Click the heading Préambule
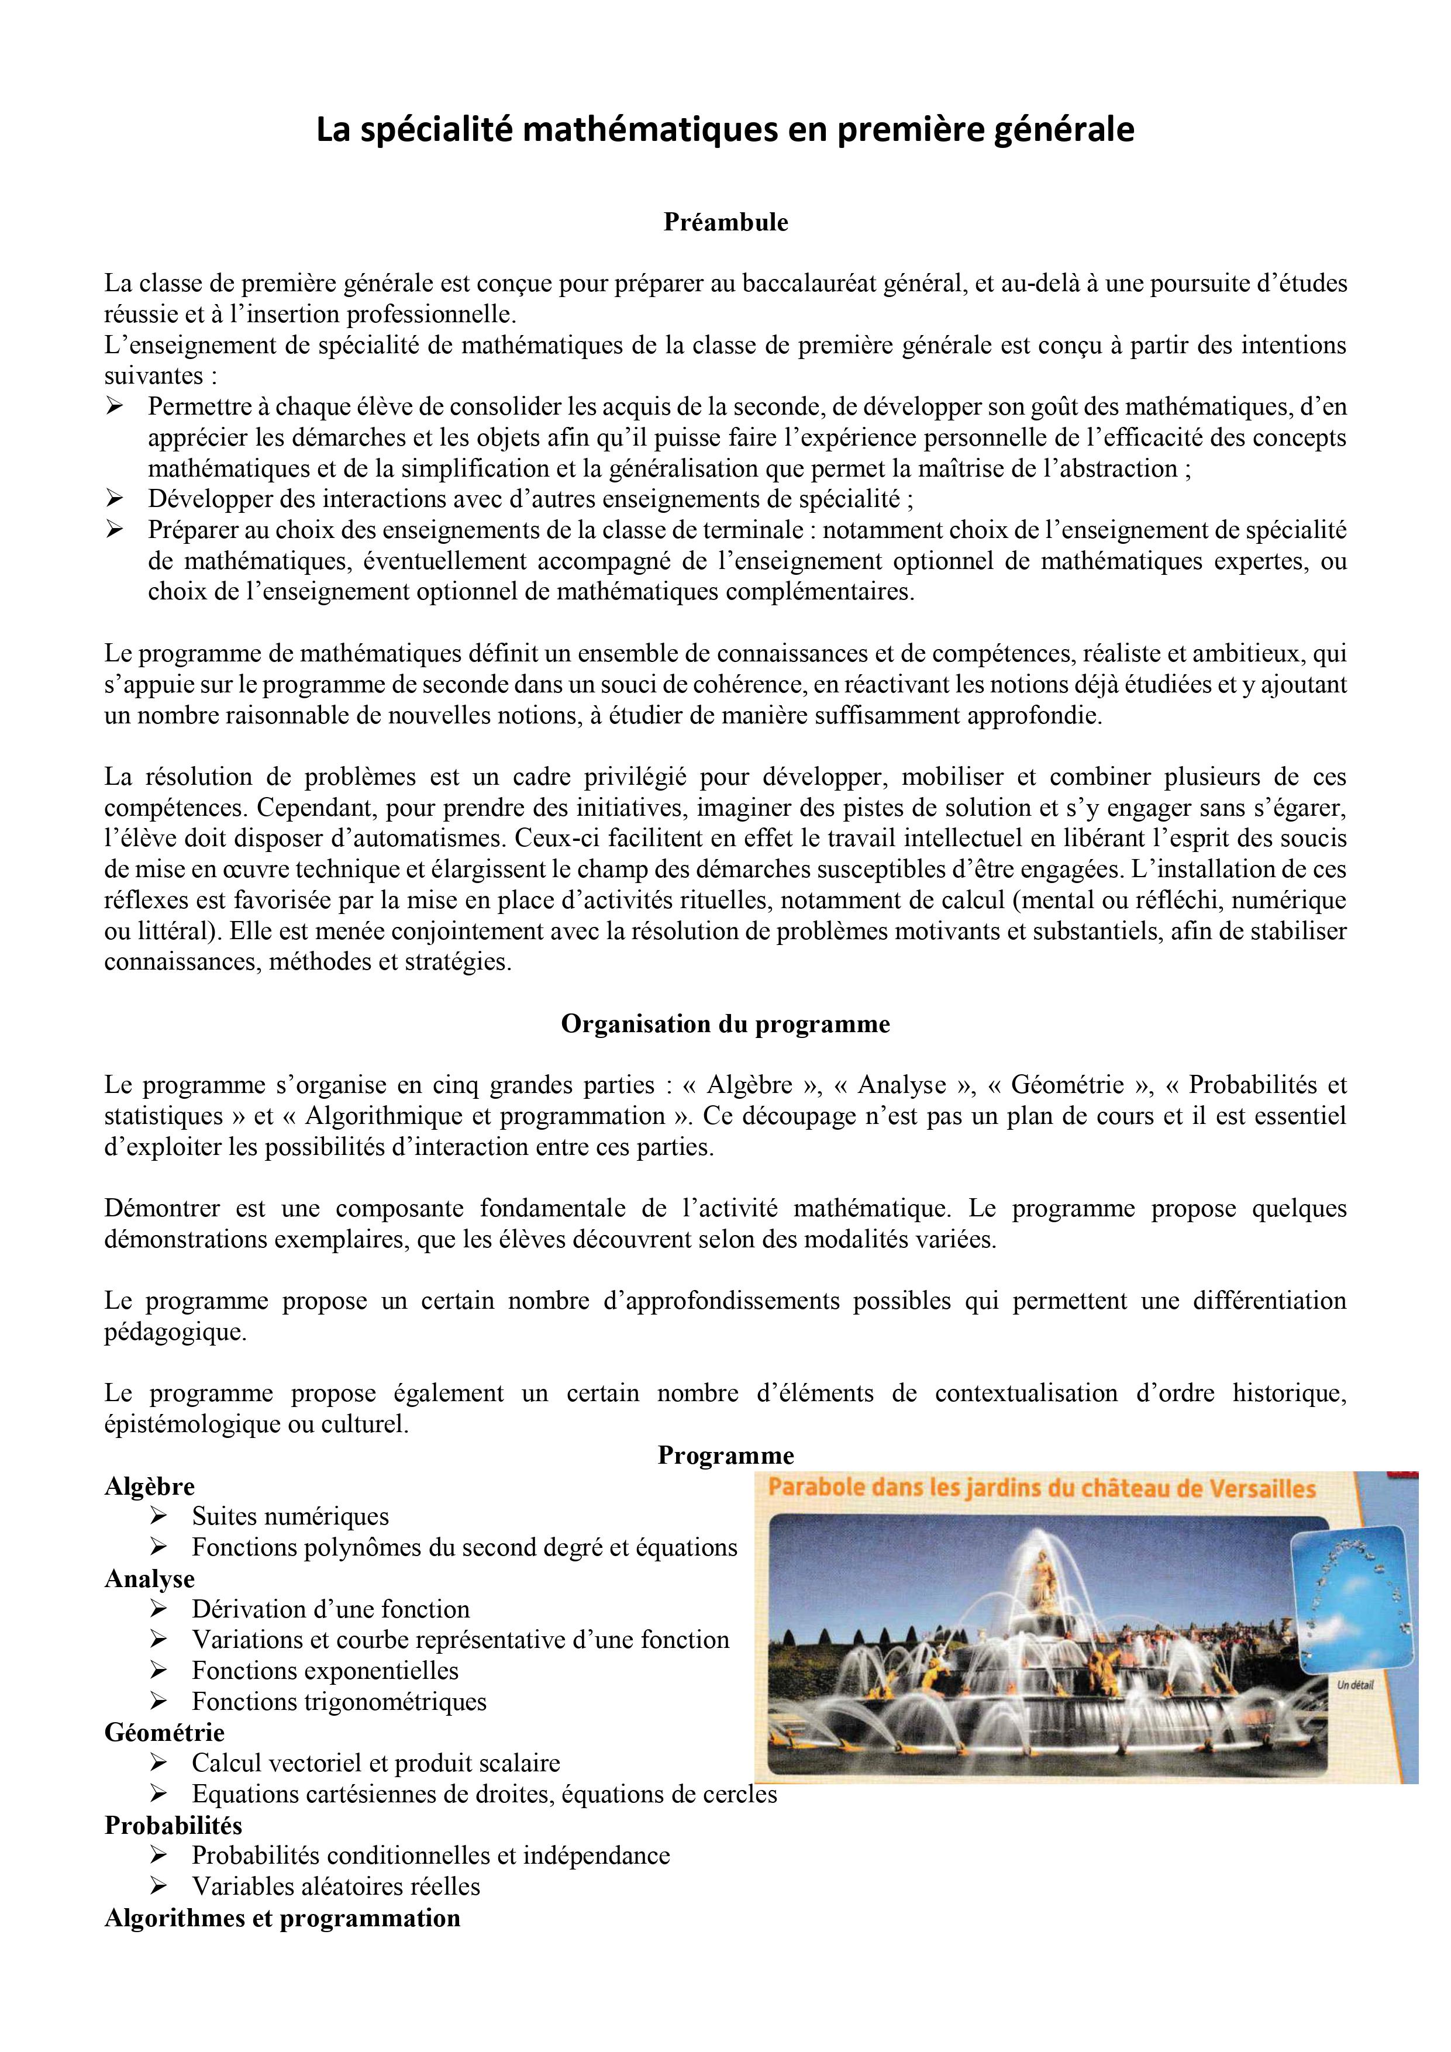point(725,223)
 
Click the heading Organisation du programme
point(725,1024)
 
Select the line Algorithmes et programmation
point(282,1918)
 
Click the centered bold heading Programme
point(725,1456)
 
